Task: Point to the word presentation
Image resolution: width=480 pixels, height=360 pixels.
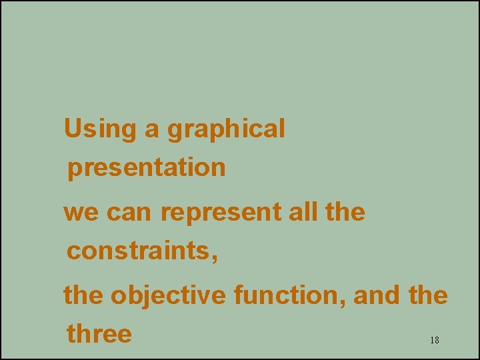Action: coord(147,168)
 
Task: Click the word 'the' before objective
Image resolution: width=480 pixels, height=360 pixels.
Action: coord(83,295)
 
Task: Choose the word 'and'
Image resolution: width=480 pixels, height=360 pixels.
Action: coord(376,295)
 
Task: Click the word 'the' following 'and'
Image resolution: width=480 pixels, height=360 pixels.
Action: coord(427,295)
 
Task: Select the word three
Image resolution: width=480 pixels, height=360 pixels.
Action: coord(99,333)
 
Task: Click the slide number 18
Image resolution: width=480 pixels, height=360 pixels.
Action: coord(434,341)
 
